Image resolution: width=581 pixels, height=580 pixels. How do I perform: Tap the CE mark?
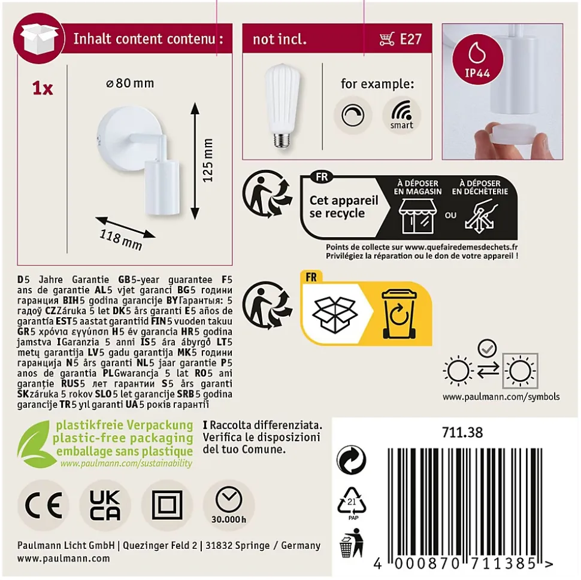tap(43, 505)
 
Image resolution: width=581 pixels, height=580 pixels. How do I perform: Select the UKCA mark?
tap(105, 505)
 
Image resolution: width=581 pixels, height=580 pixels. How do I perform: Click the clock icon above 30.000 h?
tap(229, 499)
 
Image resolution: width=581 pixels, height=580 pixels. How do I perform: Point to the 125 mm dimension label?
tap(208, 160)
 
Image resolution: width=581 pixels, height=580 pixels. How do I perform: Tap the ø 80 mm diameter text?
tap(130, 83)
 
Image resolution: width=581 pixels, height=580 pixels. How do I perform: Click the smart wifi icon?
tap(402, 115)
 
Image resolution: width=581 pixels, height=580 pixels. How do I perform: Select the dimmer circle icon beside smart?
tap(353, 115)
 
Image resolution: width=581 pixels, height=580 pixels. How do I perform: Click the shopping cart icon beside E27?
tap(387, 39)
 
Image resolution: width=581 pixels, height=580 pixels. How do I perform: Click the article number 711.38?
tap(462, 433)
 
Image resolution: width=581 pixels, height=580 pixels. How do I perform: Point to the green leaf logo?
tap(34, 444)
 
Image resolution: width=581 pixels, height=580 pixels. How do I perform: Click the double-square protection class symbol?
tap(167, 505)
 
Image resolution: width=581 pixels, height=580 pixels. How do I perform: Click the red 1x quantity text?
tap(43, 89)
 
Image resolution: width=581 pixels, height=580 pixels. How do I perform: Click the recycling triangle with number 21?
tap(352, 502)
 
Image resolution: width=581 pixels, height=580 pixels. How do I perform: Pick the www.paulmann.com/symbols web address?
tap(501, 397)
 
